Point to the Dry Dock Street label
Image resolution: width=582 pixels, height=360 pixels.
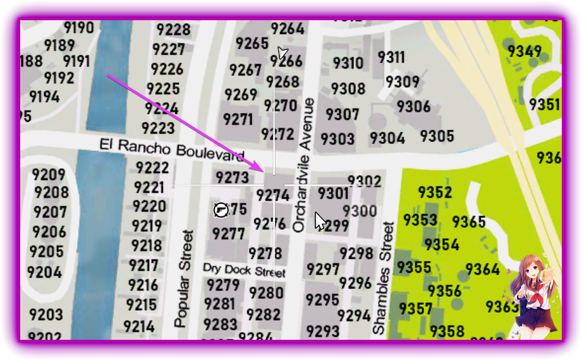(x=244, y=270)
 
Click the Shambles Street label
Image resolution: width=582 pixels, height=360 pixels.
(x=383, y=278)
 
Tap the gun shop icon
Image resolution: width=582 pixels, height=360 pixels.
(x=221, y=209)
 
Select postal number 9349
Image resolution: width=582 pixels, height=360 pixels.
(x=524, y=51)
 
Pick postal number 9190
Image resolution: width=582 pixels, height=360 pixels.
(x=78, y=28)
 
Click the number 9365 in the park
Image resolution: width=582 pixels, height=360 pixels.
(x=469, y=222)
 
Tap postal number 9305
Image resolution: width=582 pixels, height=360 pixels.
(x=437, y=136)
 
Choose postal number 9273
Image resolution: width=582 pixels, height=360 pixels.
(x=232, y=177)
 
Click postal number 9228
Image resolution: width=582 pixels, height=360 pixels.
(x=173, y=30)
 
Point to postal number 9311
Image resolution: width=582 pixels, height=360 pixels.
(x=391, y=57)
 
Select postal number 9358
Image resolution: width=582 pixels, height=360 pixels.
(x=447, y=330)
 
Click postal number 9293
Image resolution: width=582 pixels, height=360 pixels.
(x=323, y=330)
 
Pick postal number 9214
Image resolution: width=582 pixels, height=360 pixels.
(x=139, y=326)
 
